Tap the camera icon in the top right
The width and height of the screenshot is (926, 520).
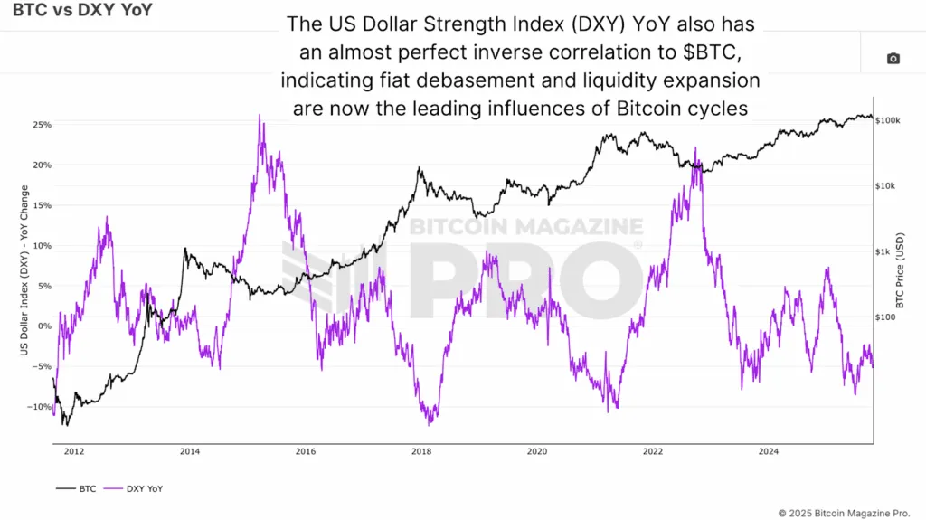tap(893, 59)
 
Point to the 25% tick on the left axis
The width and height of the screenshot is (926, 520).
tap(42, 124)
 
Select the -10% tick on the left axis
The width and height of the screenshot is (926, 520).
tap(40, 407)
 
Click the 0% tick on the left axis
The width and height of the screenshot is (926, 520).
tap(44, 326)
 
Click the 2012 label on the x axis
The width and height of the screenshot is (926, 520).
tap(73, 450)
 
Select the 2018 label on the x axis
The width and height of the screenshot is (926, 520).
tap(420, 450)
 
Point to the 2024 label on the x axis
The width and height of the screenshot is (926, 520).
tap(769, 450)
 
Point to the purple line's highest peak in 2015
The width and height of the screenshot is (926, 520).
tap(260, 116)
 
